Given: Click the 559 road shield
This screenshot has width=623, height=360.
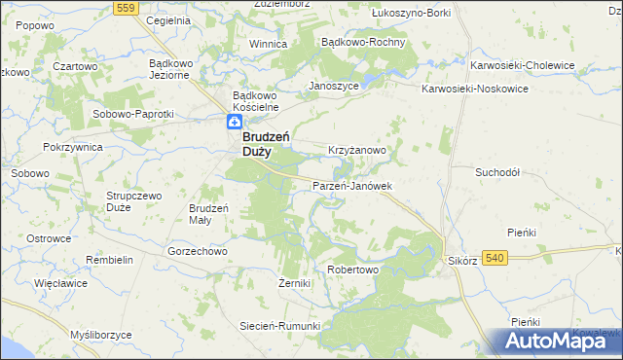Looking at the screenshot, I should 124,7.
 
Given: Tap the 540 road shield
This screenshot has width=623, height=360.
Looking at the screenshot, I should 495,257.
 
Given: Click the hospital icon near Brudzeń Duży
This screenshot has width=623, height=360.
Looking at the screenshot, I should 234,122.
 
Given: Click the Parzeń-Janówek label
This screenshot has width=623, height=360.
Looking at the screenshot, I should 351,185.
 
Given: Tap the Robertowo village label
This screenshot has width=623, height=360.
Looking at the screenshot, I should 352,269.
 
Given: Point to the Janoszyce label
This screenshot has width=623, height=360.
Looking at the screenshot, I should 334,86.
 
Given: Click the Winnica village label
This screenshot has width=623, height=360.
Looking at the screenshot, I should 268,44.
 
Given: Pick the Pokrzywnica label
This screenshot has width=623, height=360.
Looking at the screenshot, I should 73,146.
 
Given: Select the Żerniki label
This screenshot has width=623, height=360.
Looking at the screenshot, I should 294,283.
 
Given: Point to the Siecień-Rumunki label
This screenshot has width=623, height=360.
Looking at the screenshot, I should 281,326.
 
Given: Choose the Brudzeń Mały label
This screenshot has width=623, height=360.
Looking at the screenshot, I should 208,213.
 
